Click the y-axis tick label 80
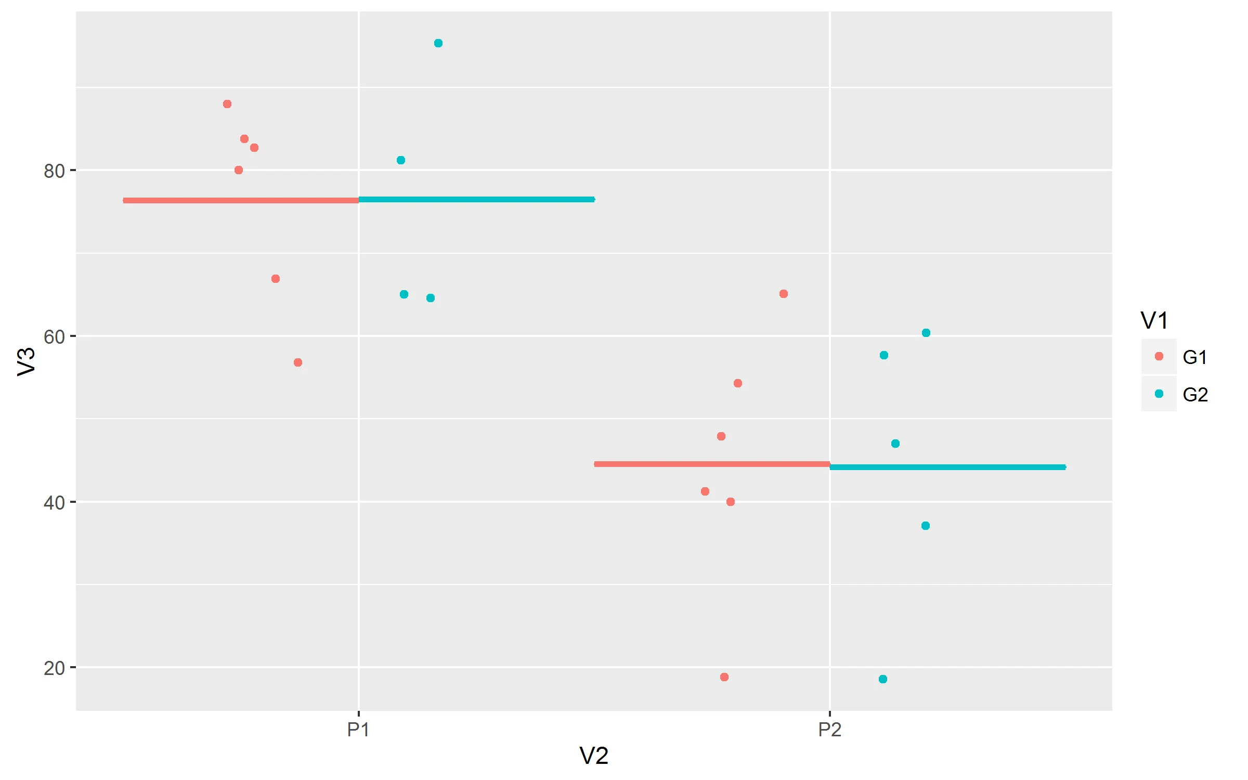pyautogui.click(x=54, y=171)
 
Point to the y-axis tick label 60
pyautogui.click(x=54, y=337)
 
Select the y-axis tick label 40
pyautogui.click(x=54, y=503)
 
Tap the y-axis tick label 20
pyautogui.click(x=54, y=668)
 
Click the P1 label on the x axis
pyautogui.click(x=358, y=730)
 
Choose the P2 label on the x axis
pyautogui.click(x=829, y=730)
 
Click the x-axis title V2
pyautogui.click(x=594, y=756)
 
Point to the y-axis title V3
pyautogui.click(x=26, y=361)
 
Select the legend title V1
pyautogui.click(x=1154, y=320)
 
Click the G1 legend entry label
pyautogui.click(x=1195, y=357)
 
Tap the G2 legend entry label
pyautogui.click(x=1195, y=395)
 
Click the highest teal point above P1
pyautogui.click(x=438, y=43)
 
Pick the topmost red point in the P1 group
pyautogui.click(x=227, y=104)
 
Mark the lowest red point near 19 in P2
pyautogui.click(x=724, y=677)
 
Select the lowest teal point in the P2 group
pyautogui.click(x=883, y=679)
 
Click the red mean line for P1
pyautogui.click(x=241, y=200)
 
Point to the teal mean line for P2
pyautogui.click(x=947, y=467)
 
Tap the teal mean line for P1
pyautogui.click(x=476, y=199)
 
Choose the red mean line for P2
pyautogui.click(x=712, y=464)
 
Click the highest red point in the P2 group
pyautogui.click(x=784, y=294)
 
